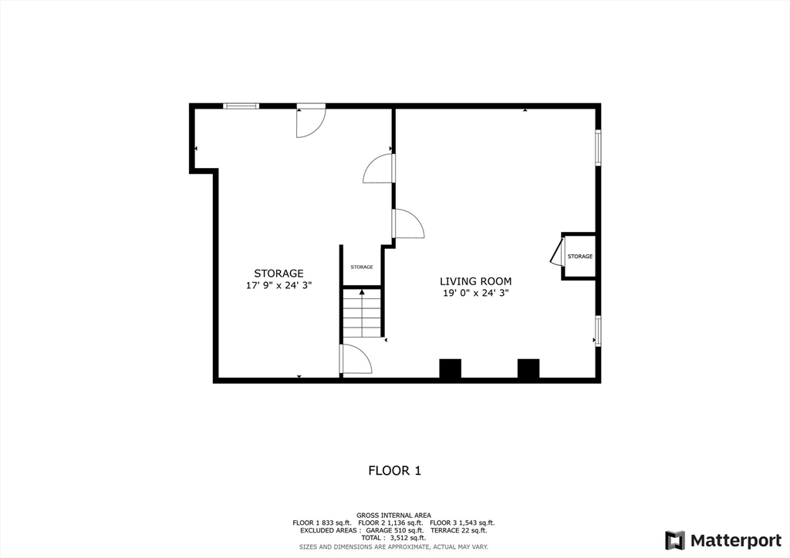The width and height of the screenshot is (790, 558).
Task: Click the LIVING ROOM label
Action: pyautogui.click(x=475, y=281)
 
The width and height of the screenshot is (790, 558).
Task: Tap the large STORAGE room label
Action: pyautogui.click(x=279, y=273)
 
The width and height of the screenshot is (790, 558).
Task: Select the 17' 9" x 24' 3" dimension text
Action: pyautogui.click(x=279, y=285)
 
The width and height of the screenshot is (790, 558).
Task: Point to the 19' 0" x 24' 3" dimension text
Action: pyautogui.click(x=475, y=293)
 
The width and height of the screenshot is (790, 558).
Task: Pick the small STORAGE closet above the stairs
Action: pyautogui.click(x=362, y=267)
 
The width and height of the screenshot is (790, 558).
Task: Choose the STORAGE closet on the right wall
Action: pyautogui.click(x=580, y=256)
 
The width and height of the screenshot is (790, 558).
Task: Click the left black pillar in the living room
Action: pyautogui.click(x=450, y=368)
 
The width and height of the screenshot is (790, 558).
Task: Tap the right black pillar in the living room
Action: pyautogui.click(x=528, y=368)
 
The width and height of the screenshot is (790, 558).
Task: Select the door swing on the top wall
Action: pyautogui.click(x=311, y=122)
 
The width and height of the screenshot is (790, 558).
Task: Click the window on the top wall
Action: pyautogui.click(x=241, y=106)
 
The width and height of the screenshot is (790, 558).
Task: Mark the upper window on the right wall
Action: pyautogui.click(x=598, y=146)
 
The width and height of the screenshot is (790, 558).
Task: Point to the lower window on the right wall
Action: pyautogui.click(x=598, y=330)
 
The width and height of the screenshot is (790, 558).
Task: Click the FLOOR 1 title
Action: pyautogui.click(x=394, y=470)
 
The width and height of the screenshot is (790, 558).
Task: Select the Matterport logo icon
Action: pyautogui.click(x=674, y=540)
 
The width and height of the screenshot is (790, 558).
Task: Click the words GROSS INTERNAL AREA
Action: pyautogui.click(x=393, y=515)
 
